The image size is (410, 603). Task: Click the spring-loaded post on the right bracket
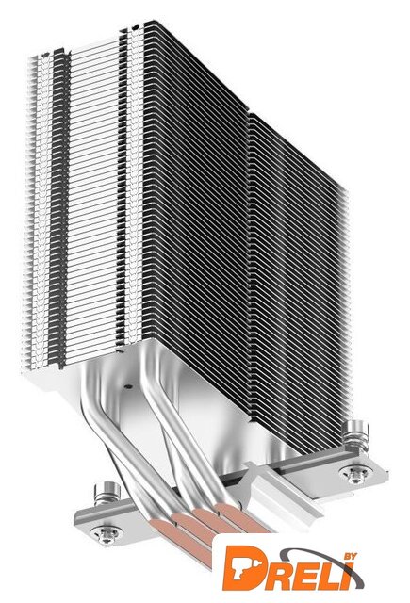coord(355,435)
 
